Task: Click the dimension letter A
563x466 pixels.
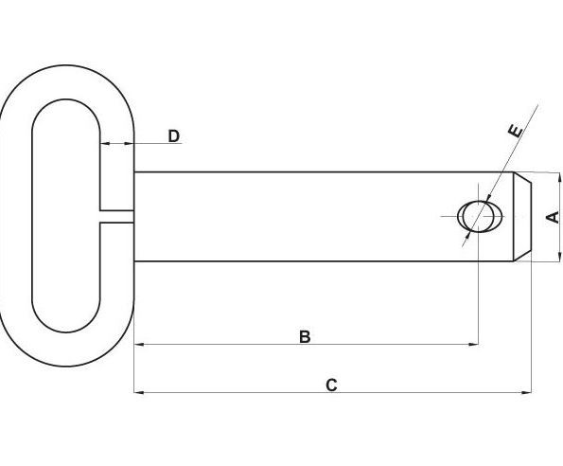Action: pyautogui.click(x=553, y=217)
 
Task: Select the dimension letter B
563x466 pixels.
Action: pyautogui.click(x=305, y=337)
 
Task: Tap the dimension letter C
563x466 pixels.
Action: pyautogui.click(x=331, y=385)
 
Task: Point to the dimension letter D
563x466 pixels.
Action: pyautogui.click(x=174, y=136)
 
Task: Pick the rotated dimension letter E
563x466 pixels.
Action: pyautogui.click(x=516, y=131)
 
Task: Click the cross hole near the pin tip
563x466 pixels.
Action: pyautogui.click(x=480, y=217)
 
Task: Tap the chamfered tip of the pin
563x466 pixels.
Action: pyautogui.click(x=522, y=217)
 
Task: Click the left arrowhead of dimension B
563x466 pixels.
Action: pyautogui.click(x=139, y=344)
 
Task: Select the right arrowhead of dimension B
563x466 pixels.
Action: pyautogui.click(x=474, y=344)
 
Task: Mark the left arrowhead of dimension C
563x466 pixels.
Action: pyautogui.click(x=139, y=392)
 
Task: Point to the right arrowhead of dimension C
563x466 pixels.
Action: pyautogui.click(x=526, y=392)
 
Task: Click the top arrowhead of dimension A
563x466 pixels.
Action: pyautogui.click(x=559, y=177)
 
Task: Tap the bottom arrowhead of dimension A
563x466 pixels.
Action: pyautogui.click(x=559, y=256)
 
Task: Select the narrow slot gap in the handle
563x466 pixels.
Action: pyautogui.click(x=116, y=216)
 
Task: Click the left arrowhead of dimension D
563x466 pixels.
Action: pyautogui.click(x=104, y=143)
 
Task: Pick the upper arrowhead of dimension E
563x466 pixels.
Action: pyautogui.click(x=488, y=199)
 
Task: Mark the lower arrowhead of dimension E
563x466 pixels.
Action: pyautogui.click(x=467, y=234)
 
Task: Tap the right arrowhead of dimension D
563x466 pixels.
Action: pyautogui.click(x=129, y=143)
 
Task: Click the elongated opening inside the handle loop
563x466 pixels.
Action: pyautogui.click(x=65, y=216)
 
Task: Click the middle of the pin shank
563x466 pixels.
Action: pyautogui.click(x=324, y=217)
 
